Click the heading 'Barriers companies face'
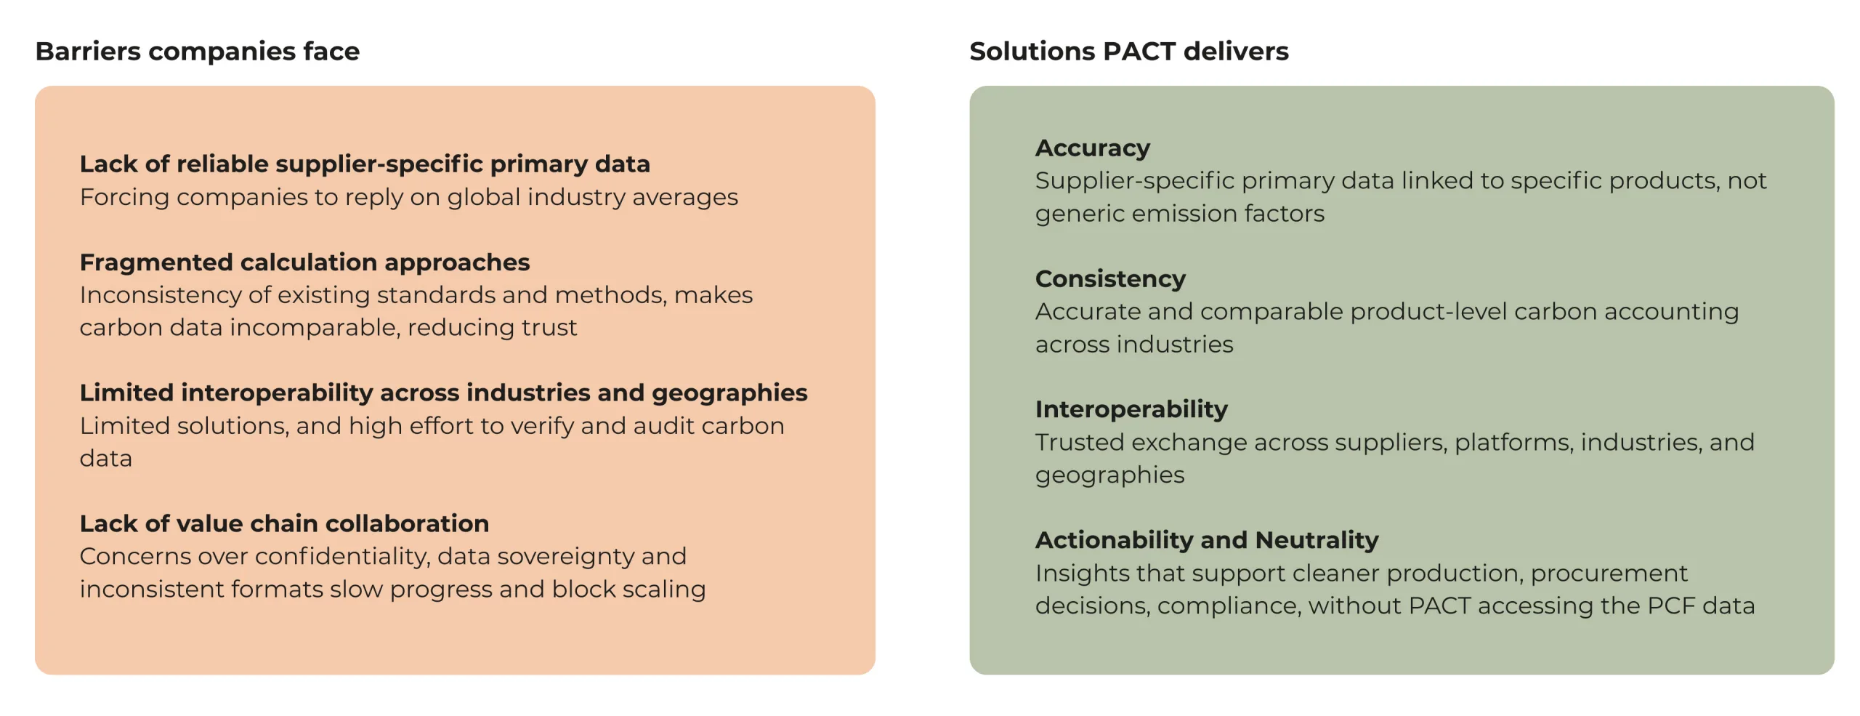click(197, 51)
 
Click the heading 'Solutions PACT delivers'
click(1128, 51)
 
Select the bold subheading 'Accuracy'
click(1092, 148)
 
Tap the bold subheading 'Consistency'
click(1109, 278)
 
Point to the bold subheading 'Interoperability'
click(1131, 409)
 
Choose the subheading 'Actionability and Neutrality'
click(1206, 540)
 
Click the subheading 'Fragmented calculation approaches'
click(304, 262)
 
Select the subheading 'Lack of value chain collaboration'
click(284, 523)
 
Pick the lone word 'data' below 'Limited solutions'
click(106, 459)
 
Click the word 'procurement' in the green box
click(1609, 574)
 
